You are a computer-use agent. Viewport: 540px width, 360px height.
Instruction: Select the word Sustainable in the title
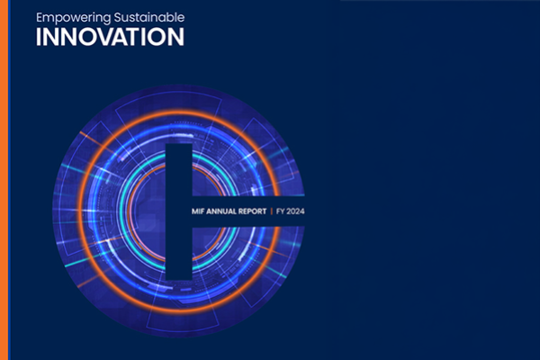[x=148, y=17]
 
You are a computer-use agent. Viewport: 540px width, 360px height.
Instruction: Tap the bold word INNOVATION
[x=110, y=37]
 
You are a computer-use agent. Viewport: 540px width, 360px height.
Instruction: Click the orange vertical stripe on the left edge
[x=4, y=180]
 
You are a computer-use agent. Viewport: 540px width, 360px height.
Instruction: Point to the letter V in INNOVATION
[x=112, y=37]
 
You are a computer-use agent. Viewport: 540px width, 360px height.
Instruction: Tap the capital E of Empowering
[x=40, y=17]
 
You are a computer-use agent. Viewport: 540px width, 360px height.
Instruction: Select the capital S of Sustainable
[x=116, y=17]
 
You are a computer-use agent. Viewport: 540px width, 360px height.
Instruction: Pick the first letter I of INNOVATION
[x=39, y=37]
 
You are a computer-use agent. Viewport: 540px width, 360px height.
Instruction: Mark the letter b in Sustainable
[x=169, y=17]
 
